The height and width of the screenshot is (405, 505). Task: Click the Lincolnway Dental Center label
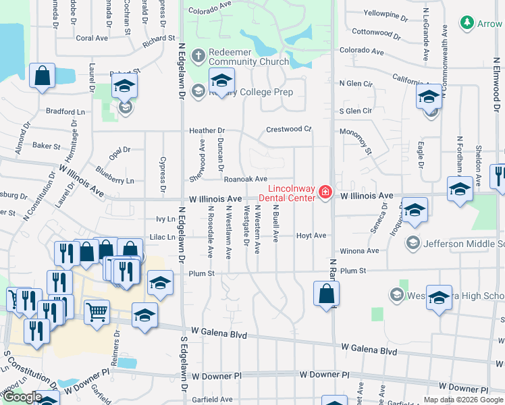coord(292,192)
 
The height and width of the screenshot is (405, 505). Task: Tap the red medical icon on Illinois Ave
coord(325,192)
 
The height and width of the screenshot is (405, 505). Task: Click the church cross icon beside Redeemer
coord(198,54)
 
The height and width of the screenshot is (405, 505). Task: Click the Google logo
coord(22,398)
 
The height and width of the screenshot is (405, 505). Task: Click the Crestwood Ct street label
coord(288,129)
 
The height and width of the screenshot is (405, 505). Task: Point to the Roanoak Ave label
coord(246,179)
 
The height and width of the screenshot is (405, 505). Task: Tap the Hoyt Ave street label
coord(311,236)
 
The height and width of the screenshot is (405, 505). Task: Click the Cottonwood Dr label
coord(372,32)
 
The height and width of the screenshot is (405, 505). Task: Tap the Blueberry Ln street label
coord(115,180)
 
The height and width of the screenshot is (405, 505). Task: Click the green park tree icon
coord(467,23)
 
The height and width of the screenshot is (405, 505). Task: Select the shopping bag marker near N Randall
coord(326,294)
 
